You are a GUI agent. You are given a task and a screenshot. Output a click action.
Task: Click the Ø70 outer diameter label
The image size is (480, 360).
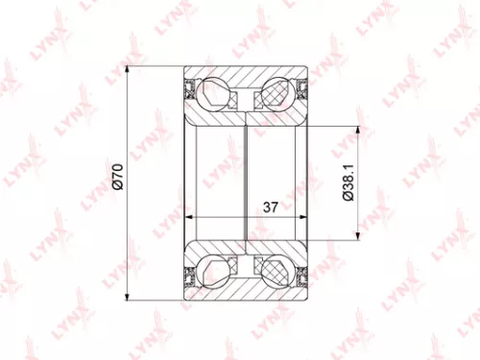click(117, 180)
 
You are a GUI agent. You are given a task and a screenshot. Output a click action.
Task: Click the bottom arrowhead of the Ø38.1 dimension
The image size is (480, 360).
click(359, 232)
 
